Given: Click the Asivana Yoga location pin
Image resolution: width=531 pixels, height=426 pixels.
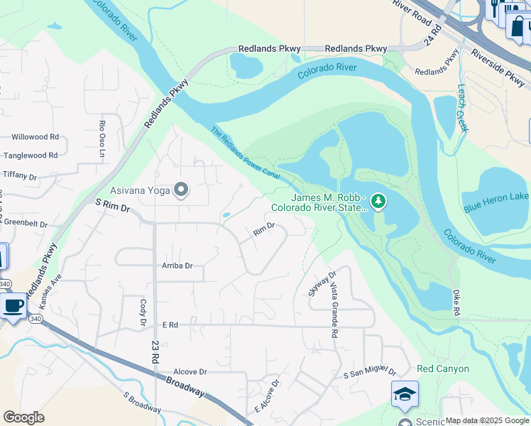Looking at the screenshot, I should (x=181, y=190).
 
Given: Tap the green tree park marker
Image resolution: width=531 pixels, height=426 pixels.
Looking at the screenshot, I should (x=378, y=202).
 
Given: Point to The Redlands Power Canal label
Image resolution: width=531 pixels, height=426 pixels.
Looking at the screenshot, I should (x=245, y=153).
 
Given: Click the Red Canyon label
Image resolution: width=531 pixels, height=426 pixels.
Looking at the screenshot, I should (x=443, y=368).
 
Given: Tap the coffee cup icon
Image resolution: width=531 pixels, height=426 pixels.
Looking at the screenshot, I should (x=13, y=307).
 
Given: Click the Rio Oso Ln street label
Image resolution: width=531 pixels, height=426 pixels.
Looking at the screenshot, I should (x=102, y=131).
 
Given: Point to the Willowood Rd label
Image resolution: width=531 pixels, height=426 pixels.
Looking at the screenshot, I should (x=35, y=136).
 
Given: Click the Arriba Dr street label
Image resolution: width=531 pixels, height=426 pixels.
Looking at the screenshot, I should (x=177, y=266).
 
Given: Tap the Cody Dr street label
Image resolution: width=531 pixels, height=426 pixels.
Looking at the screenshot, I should (x=141, y=312).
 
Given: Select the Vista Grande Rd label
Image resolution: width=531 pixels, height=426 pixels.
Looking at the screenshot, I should (x=333, y=310).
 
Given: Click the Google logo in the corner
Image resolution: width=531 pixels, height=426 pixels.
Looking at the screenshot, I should (x=24, y=417).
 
